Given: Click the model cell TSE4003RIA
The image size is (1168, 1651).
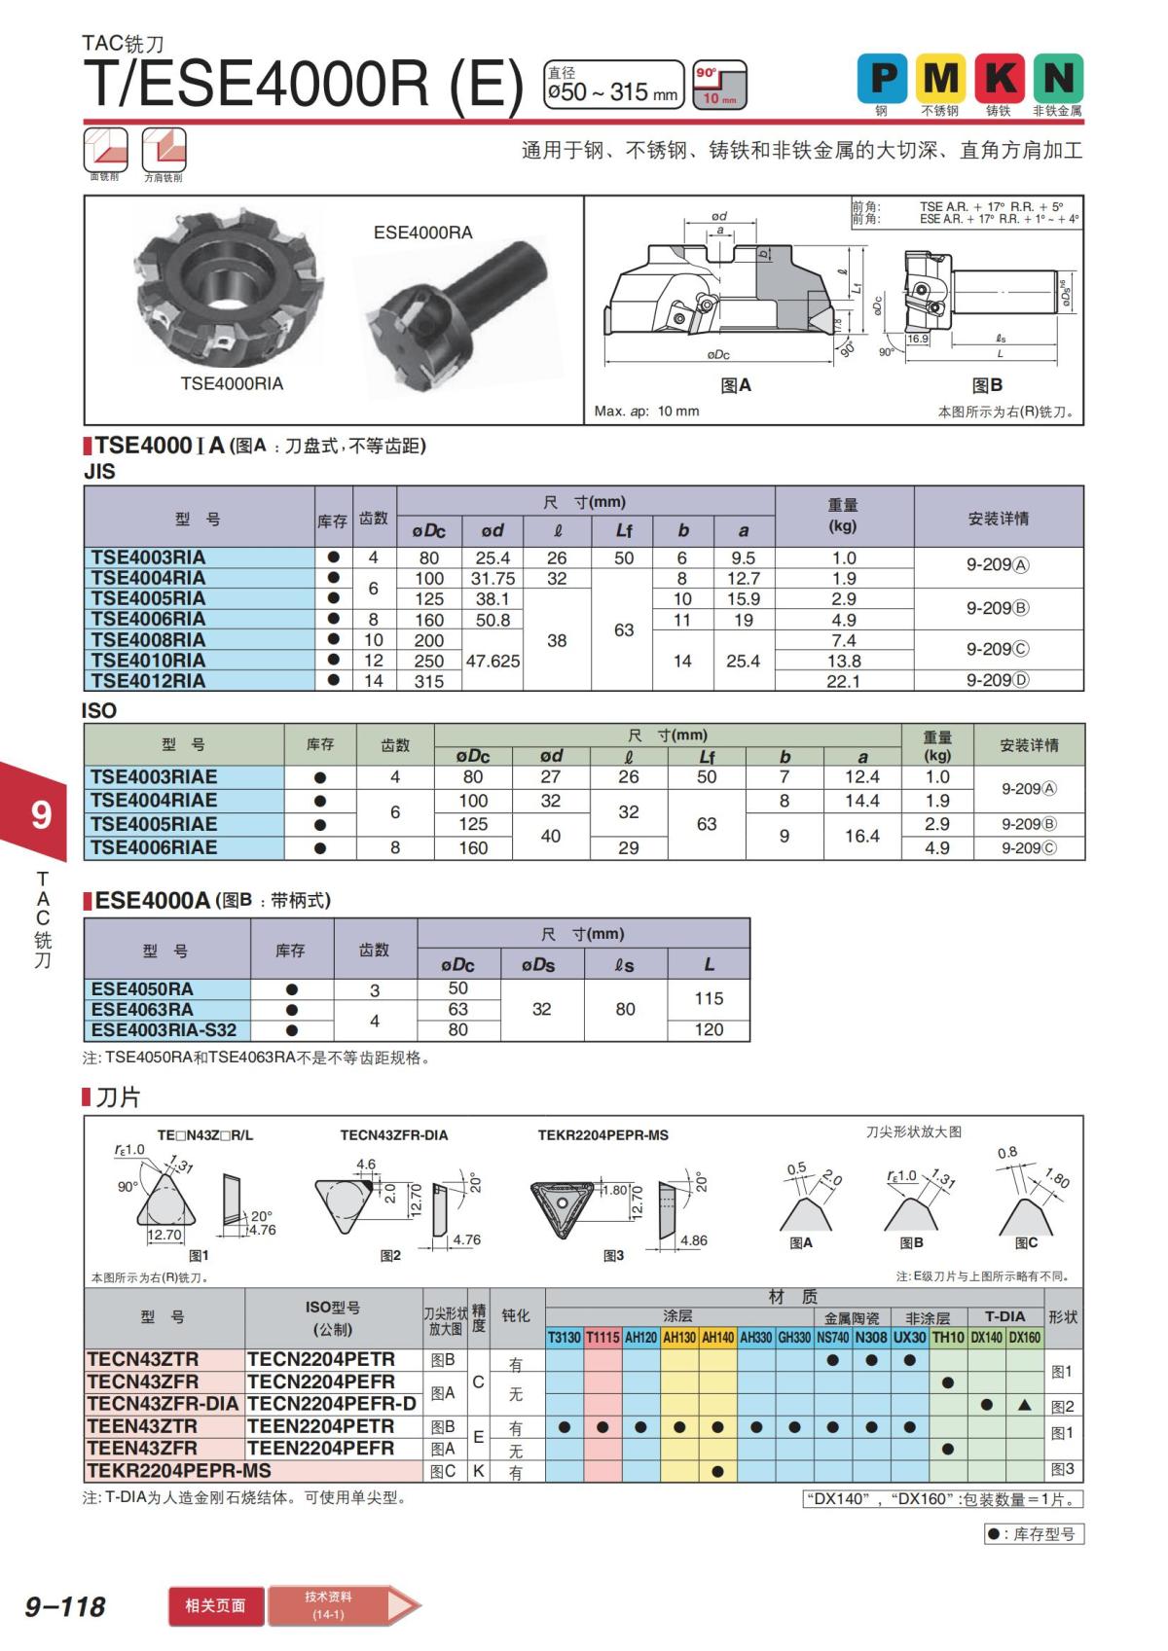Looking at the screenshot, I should [x=148, y=557].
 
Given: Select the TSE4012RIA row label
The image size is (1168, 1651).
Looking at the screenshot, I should [x=148, y=681].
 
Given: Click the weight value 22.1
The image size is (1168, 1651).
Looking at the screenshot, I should [x=843, y=681].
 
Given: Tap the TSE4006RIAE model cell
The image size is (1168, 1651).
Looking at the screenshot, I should [x=154, y=847].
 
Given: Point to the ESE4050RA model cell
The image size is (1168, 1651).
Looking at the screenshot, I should [x=142, y=988].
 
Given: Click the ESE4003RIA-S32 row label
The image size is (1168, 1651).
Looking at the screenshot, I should [x=164, y=1029].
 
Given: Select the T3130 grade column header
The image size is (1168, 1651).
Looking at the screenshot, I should [x=564, y=1338].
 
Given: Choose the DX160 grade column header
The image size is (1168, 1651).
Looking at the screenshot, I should [x=1024, y=1338].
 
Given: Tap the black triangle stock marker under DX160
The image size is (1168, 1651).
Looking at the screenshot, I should [x=1024, y=1405].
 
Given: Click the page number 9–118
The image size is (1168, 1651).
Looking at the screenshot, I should [x=65, y=1606].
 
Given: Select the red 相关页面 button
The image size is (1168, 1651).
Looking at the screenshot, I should [x=215, y=1605].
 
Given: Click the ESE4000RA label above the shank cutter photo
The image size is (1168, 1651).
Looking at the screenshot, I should [x=422, y=233].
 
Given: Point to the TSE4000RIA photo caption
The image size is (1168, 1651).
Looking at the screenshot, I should [x=232, y=383].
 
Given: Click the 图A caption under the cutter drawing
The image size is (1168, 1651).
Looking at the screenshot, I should [x=736, y=385].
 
